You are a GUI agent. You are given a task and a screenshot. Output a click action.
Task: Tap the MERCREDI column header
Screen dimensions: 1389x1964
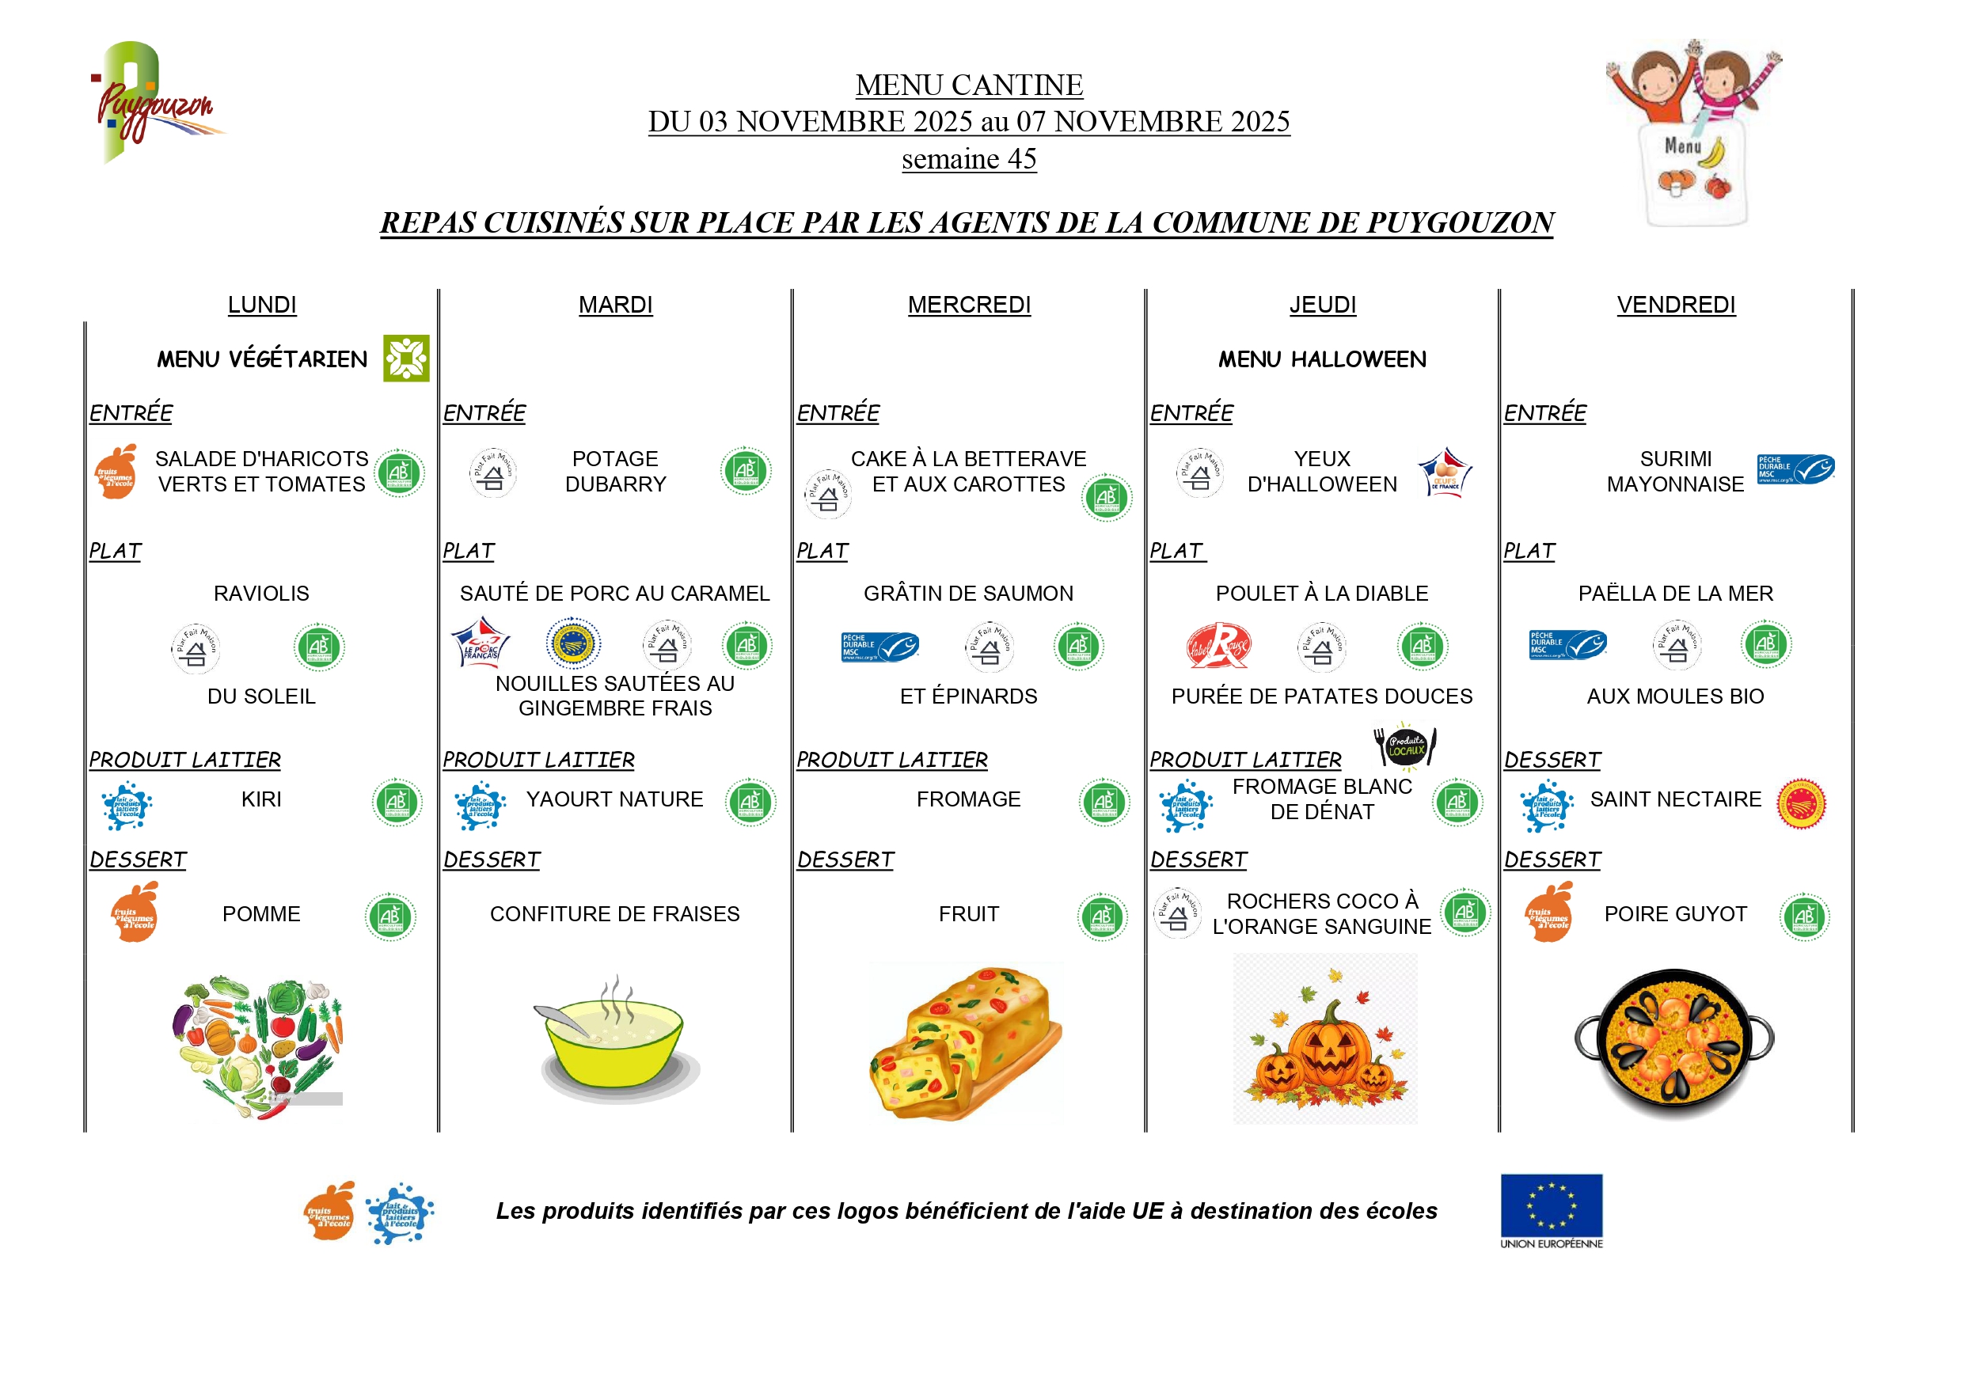(x=969, y=306)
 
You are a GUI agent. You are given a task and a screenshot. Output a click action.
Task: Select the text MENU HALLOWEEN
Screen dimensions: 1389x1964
(x=1323, y=360)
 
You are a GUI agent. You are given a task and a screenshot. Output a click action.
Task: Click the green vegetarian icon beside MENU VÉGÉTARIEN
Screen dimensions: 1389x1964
(x=406, y=359)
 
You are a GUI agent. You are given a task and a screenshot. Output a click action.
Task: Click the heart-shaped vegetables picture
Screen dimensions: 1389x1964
(x=259, y=1047)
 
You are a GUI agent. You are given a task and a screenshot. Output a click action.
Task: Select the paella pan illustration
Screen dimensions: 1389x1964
(x=1674, y=1043)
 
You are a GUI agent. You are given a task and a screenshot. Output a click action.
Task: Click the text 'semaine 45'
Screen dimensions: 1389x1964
(x=969, y=159)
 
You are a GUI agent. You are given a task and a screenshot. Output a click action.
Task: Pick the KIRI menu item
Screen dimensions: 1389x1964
(x=261, y=799)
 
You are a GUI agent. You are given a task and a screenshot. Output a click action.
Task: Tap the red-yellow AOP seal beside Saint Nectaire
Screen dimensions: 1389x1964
(x=1801, y=804)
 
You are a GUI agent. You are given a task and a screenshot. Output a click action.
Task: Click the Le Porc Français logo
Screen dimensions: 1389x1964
(x=481, y=644)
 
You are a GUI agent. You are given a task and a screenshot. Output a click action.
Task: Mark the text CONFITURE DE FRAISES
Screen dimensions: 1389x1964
(x=615, y=914)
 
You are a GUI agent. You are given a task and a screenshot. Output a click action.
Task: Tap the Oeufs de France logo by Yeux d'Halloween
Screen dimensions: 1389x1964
(x=1445, y=473)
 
